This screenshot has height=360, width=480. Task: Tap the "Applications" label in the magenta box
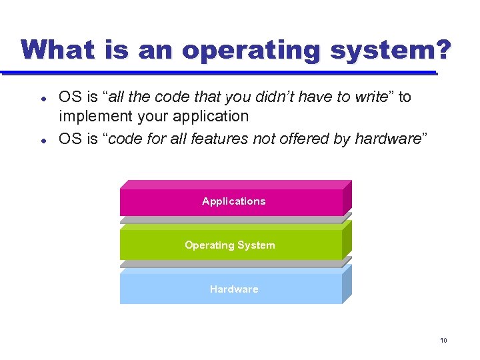click(233, 201)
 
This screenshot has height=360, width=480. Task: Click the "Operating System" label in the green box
click(229, 245)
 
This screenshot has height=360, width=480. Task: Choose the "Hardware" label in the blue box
click(233, 289)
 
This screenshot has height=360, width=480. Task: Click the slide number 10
click(443, 341)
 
